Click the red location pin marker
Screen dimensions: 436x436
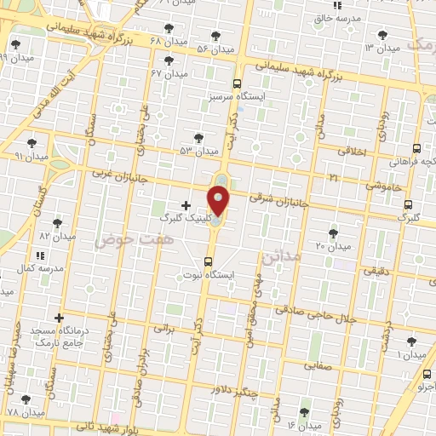click(x=220, y=202)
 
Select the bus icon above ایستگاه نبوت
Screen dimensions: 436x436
click(x=209, y=261)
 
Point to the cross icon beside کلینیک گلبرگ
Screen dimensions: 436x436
click(x=186, y=205)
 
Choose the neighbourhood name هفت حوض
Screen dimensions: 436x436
click(x=116, y=242)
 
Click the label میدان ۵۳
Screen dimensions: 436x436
click(x=198, y=151)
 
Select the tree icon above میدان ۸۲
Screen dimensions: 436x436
click(x=56, y=223)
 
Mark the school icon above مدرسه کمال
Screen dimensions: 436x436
click(x=39, y=255)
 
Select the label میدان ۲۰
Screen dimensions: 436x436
click(x=334, y=246)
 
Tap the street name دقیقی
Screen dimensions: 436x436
click(x=377, y=272)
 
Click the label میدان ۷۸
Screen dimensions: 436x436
click(x=25, y=412)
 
